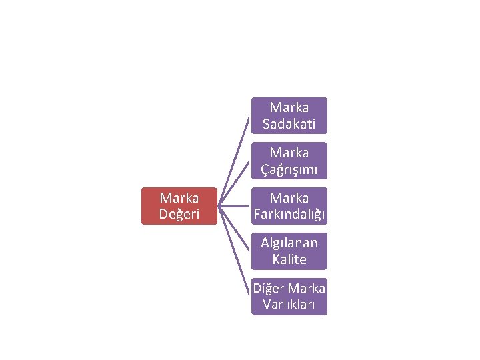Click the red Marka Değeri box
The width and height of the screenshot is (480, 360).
pos(179,206)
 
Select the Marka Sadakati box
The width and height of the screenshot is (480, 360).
pos(289,115)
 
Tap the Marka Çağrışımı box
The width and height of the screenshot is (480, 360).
pos(289,161)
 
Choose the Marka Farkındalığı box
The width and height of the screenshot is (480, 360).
pos(289,206)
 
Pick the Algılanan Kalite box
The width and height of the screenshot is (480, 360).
pos(289,251)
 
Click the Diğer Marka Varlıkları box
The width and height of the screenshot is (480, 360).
pos(289,296)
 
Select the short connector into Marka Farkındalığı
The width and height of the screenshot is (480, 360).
pos(235,206)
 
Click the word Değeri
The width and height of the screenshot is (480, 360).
pos(179,214)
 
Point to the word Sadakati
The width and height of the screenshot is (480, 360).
pos(289,123)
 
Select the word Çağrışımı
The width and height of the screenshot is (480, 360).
pos(289,169)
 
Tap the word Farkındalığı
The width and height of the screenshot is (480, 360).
pos(289,214)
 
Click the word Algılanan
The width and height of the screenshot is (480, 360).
pos(289,243)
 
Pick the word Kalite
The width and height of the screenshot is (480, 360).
pos(289,259)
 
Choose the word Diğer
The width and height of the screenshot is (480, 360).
pos(269,288)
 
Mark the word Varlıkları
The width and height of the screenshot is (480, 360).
pos(289,304)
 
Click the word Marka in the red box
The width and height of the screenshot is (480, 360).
pos(179,198)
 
